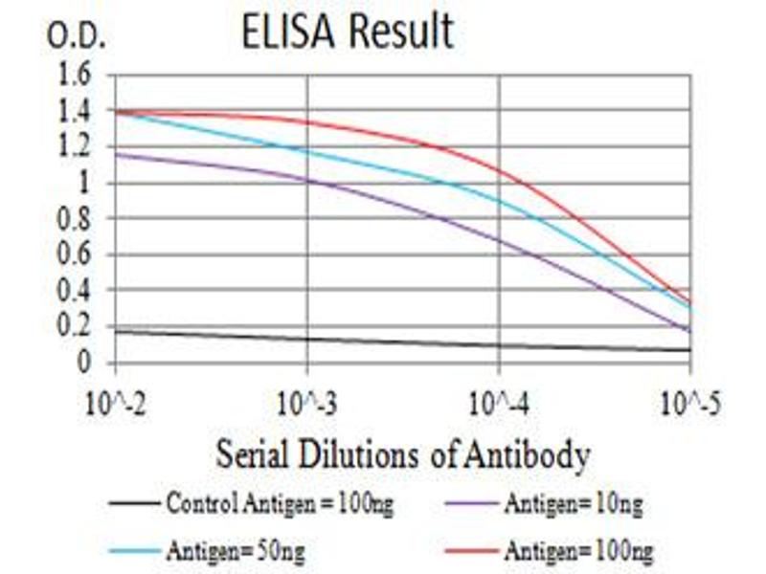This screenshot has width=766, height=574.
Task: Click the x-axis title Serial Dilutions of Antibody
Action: (402, 455)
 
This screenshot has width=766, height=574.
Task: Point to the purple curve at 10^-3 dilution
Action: (307, 180)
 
